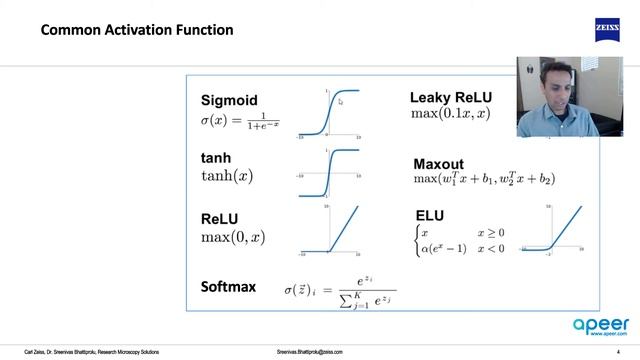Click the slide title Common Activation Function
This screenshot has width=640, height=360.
click(x=137, y=30)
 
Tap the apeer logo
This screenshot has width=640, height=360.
click(x=598, y=325)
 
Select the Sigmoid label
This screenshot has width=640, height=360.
click(x=229, y=100)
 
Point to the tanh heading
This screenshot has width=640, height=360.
click(x=216, y=158)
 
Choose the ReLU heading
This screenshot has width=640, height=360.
click(x=219, y=217)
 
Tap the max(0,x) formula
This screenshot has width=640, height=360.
click(x=233, y=237)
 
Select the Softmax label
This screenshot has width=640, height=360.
click(x=231, y=288)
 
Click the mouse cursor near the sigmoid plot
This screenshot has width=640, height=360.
click(x=341, y=100)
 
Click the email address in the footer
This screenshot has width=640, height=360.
click(x=318, y=353)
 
